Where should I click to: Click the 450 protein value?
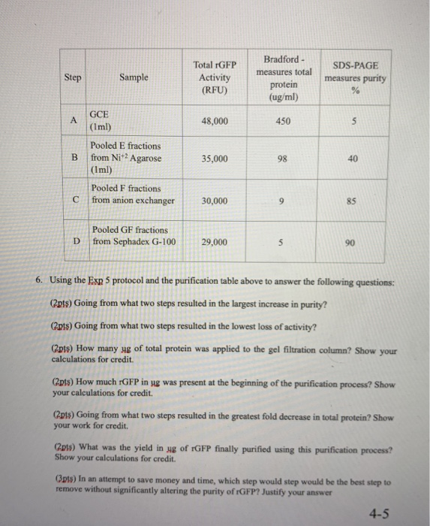pos(282,120)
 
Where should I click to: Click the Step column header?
pos(73,77)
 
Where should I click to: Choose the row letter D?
pos(77,241)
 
